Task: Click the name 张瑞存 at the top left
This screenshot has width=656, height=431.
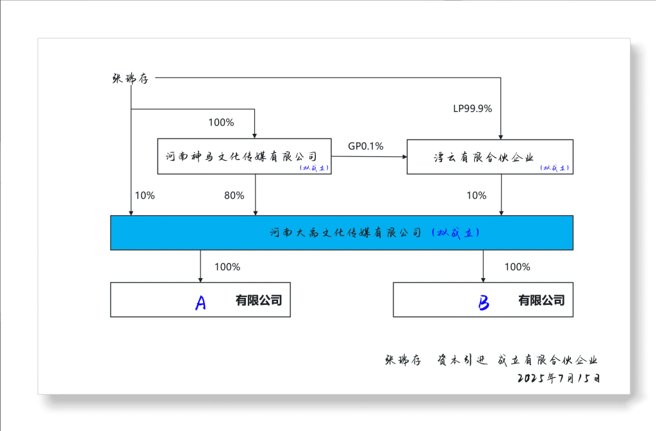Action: pyautogui.click(x=130, y=78)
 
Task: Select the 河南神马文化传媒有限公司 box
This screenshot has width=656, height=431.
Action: pyautogui.click(x=244, y=156)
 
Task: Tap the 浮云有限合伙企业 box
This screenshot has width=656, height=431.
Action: pyautogui.click(x=489, y=156)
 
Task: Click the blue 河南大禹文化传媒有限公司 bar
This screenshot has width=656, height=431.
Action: pyautogui.click(x=341, y=232)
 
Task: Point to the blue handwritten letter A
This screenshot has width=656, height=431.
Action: pyautogui.click(x=201, y=302)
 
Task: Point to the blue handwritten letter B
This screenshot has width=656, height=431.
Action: pyautogui.click(x=484, y=302)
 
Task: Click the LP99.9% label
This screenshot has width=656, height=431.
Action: pyautogui.click(x=472, y=109)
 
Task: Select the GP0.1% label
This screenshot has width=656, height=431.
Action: pyautogui.click(x=366, y=146)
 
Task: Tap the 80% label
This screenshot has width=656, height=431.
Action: pyautogui.click(x=234, y=196)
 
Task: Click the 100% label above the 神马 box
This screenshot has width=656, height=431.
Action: pyautogui.click(x=221, y=122)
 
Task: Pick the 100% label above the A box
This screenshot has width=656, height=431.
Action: pyautogui.click(x=227, y=267)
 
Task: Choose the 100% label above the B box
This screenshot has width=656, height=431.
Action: pyautogui.click(x=517, y=267)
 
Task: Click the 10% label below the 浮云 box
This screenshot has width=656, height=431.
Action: pyautogui.click(x=476, y=196)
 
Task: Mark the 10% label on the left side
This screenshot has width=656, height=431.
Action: pyautogui.click(x=145, y=196)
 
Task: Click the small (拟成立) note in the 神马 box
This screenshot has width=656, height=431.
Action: pyautogui.click(x=315, y=168)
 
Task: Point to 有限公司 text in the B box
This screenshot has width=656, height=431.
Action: pyautogui.click(x=541, y=300)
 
